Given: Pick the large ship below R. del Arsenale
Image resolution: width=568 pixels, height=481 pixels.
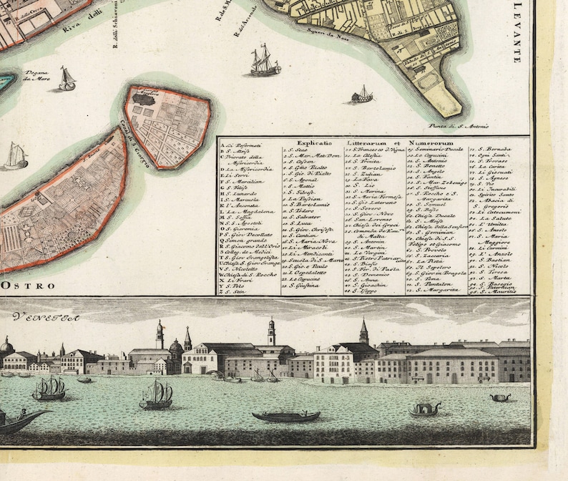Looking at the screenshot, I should pyautogui.click(x=264, y=62).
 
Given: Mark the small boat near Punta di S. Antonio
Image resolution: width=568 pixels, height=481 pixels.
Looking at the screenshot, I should pyautogui.click(x=363, y=94).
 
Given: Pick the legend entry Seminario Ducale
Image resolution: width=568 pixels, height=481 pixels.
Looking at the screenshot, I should pyautogui.click(x=436, y=150).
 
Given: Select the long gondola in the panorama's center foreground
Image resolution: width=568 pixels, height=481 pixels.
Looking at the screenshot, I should pyautogui.click(x=285, y=416).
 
